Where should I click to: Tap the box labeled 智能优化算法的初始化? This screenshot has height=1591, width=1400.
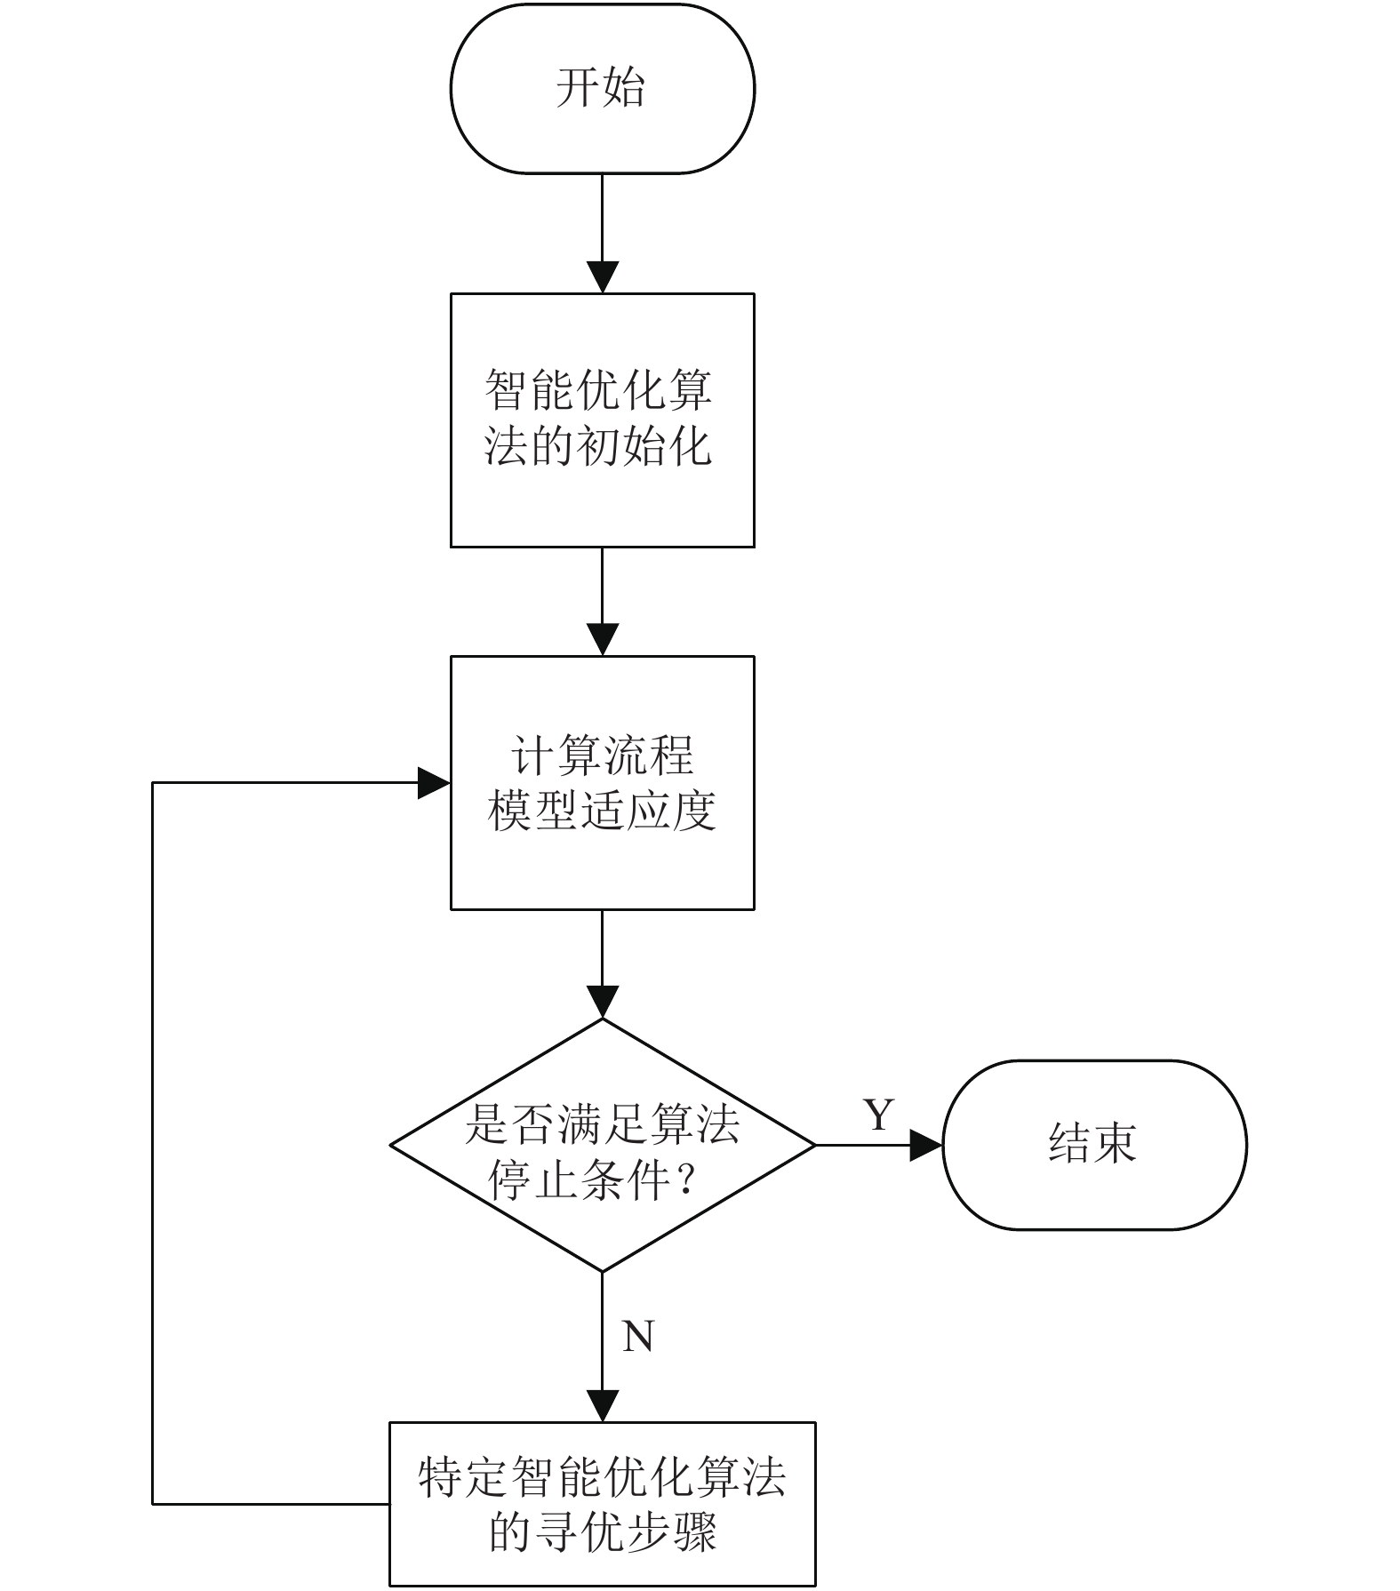coord(602,420)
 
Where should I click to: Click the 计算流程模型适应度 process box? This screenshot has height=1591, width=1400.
coord(602,783)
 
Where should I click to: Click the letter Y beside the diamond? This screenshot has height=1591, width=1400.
coord(878,1114)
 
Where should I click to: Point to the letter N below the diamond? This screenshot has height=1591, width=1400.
coord(638,1336)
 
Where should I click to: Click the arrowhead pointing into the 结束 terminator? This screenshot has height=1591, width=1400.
coord(926,1145)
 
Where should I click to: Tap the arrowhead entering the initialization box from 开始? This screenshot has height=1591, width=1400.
coord(603,277)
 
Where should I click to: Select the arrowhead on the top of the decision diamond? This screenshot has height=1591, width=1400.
coord(603,1003)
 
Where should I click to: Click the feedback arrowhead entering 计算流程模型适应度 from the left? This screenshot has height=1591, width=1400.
coord(435,783)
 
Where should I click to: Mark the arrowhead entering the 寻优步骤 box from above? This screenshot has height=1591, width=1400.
coord(603,1406)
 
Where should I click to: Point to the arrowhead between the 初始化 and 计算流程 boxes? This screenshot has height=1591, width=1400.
coord(603,640)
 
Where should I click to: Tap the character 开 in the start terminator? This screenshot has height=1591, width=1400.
coord(578,88)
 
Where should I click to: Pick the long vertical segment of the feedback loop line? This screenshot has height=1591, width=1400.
coord(153,1143)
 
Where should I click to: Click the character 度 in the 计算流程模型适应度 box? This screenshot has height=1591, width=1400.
coord(694,811)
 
